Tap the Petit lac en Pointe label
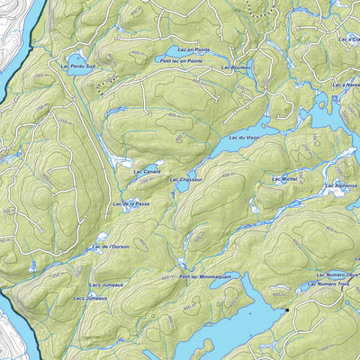click(181, 60)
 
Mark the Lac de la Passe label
click(131, 204)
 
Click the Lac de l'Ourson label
click(111, 246)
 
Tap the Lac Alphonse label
click(341, 185)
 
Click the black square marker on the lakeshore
click(287, 310)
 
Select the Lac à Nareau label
click(347, 83)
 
